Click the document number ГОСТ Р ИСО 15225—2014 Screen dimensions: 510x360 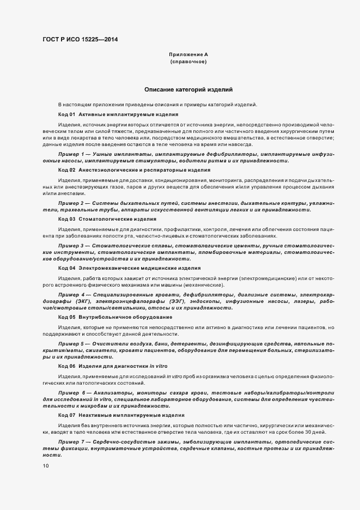(80, 39)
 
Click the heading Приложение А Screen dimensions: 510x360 (188, 54)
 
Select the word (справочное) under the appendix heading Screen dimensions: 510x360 (188, 62)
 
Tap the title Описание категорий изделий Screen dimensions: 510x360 (188, 89)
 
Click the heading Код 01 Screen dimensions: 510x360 (66, 114)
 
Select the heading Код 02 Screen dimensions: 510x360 (66, 170)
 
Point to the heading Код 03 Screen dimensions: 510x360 (66, 219)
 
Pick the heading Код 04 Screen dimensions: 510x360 (66, 268)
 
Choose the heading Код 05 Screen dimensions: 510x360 (66, 317)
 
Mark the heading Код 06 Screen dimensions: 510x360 (66, 366)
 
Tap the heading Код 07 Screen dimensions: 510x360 (66, 415)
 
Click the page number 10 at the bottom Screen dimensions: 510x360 (46, 466)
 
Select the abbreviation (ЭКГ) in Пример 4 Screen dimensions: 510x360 (83, 301)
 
